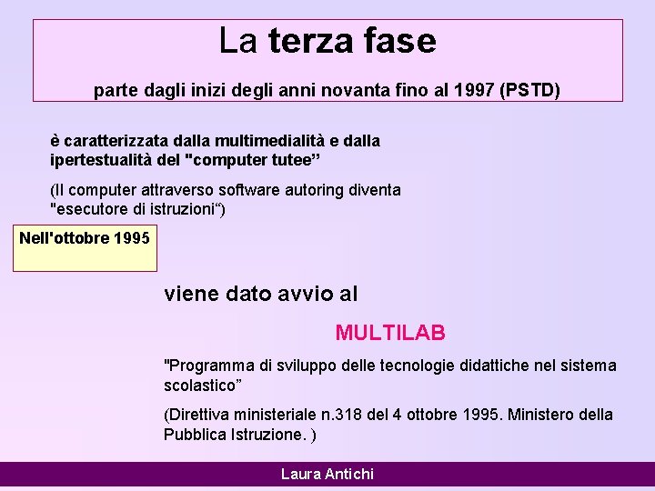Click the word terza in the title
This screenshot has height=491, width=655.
coord(311,41)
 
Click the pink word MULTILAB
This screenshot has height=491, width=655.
coord(390,333)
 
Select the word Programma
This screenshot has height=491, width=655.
coord(210,366)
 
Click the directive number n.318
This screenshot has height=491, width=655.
coord(339,415)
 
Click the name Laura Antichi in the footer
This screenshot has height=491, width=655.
coord(327,474)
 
